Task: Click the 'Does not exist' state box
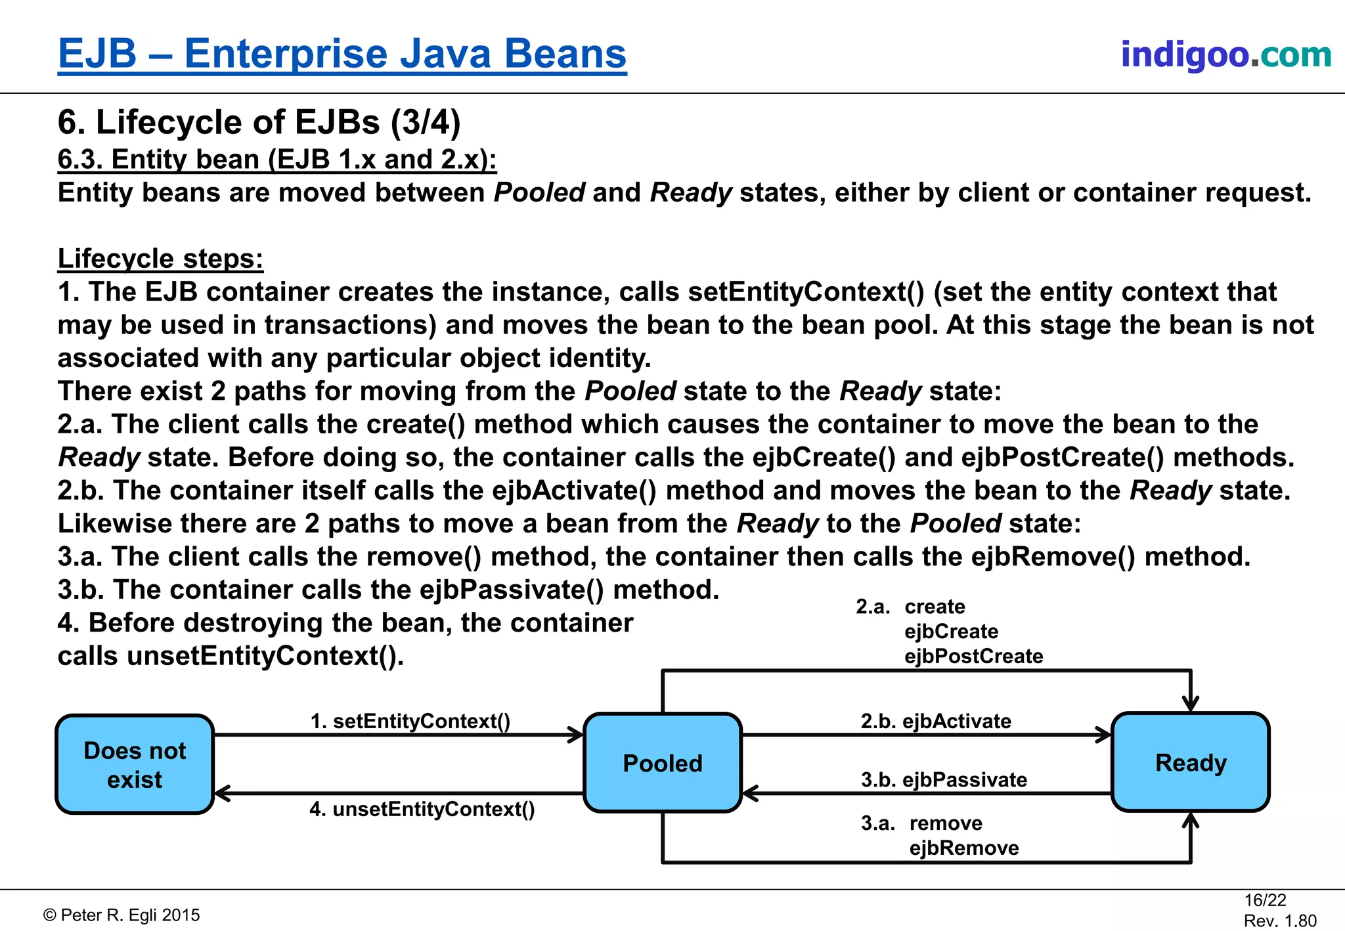click(x=135, y=764)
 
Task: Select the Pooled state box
click(x=663, y=763)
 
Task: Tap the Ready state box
click(x=1190, y=762)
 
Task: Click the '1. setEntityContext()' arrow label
click(x=410, y=721)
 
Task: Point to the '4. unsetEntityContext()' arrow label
click(x=422, y=809)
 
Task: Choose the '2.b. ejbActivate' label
click(x=936, y=721)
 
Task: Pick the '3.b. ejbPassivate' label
click(x=944, y=780)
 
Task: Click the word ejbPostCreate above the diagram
click(x=973, y=656)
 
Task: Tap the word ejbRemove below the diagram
click(x=964, y=848)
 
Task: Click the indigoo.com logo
click(x=1225, y=54)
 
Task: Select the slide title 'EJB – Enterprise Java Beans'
click(x=342, y=53)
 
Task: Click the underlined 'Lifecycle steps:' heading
click(x=160, y=259)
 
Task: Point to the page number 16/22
click(x=1265, y=899)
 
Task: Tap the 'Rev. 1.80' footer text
click(x=1280, y=920)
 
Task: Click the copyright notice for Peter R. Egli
click(x=121, y=915)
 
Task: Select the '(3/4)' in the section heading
click(x=426, y=122)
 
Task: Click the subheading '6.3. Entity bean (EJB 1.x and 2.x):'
click(x=277, y=160)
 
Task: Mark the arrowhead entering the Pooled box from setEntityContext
click(x=577, y=735)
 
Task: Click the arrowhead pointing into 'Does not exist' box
click(x=222, y=793)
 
